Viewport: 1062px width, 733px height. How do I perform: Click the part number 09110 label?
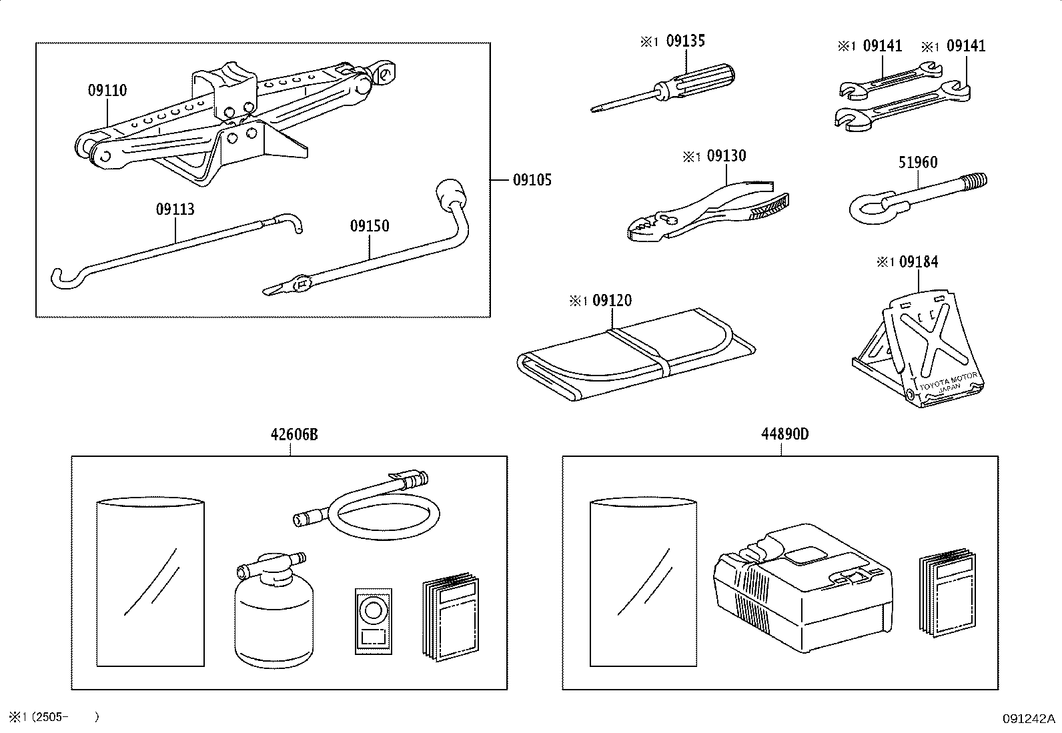[x=107, y=90]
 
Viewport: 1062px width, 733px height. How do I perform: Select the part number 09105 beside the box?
[x=532, y=180]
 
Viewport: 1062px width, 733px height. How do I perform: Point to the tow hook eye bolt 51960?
[x=914, y=197]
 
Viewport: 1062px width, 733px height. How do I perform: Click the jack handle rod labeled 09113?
[x=173, y=250]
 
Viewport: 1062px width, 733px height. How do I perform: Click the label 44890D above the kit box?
[x=784, y=434]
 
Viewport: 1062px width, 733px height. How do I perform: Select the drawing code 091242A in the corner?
[x=1027, y=718]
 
